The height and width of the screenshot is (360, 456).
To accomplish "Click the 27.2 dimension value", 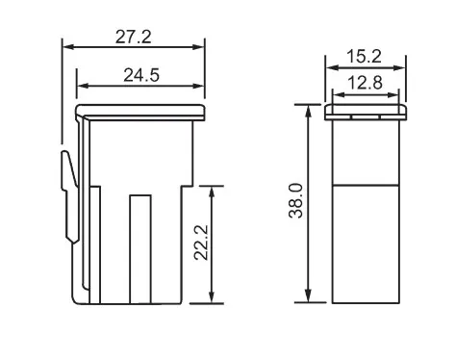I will (x=134, y=37).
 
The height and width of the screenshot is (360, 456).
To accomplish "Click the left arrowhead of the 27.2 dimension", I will (x=66, y=46).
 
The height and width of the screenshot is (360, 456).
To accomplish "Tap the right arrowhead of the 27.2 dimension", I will (x=201, y=46).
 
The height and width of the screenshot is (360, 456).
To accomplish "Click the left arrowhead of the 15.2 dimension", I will (x=329, y=67).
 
